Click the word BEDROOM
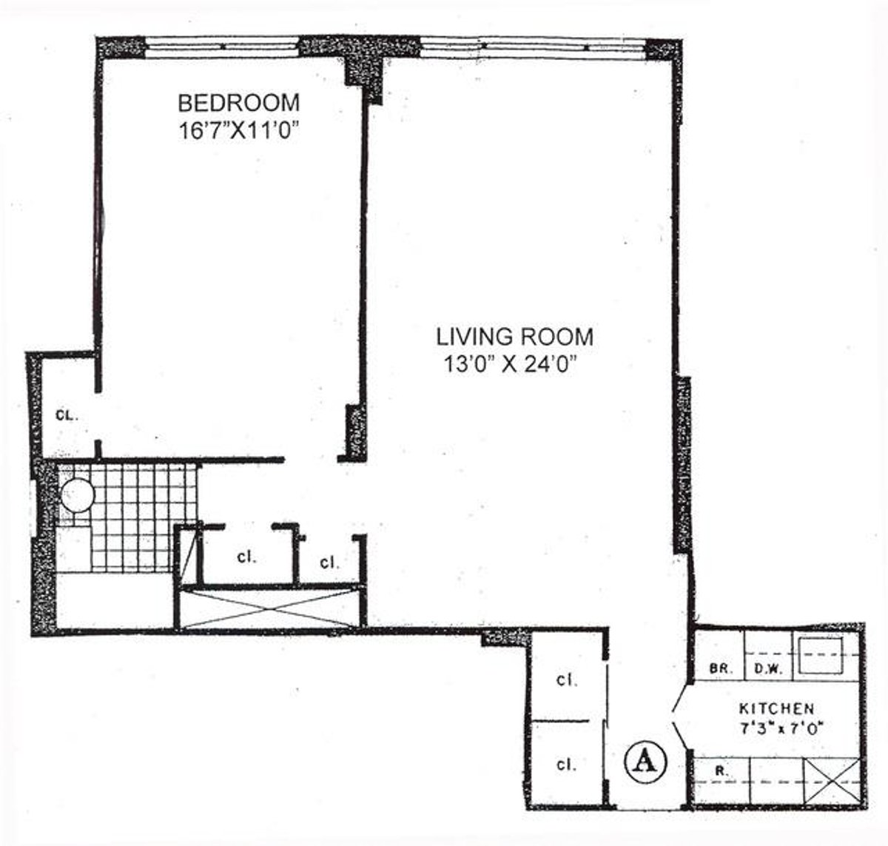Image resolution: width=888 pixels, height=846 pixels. point(238,101)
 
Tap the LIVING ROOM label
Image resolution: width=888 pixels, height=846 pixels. point(514,337)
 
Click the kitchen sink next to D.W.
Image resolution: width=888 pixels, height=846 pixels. point(821,655)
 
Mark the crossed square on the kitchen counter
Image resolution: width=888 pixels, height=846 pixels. point(832,780)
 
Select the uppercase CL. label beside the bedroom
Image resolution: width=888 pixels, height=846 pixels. point(67,415)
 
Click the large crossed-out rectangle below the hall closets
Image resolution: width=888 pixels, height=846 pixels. point(269,608)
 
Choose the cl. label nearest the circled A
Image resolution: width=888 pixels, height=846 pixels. point(567,765)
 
